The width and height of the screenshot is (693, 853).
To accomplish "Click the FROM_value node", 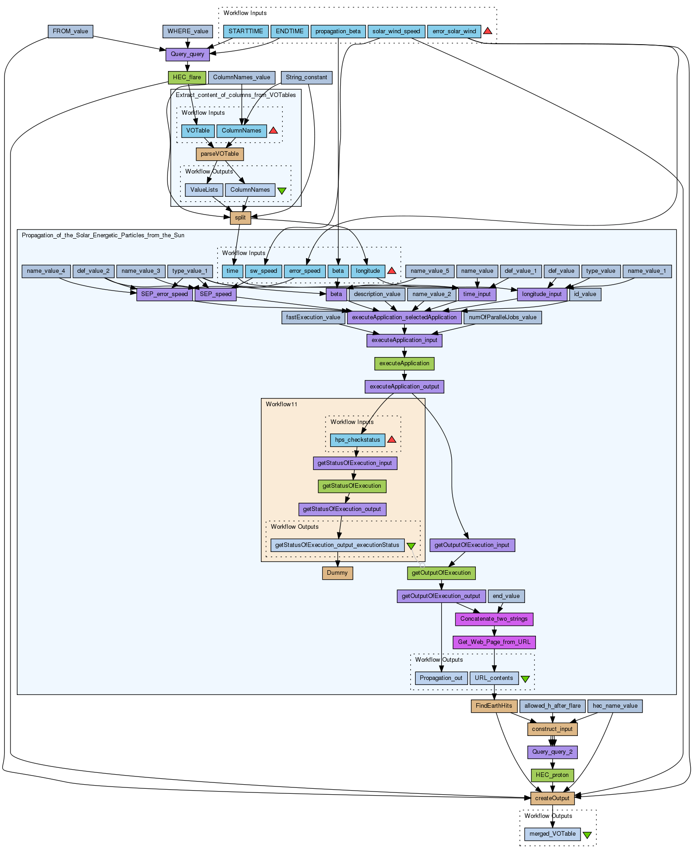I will [70, 31].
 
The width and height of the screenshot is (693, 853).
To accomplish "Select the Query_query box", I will [187, 54].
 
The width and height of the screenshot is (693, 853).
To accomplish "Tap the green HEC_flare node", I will [187, 77].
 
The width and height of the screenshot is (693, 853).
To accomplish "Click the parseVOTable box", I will [219, 154].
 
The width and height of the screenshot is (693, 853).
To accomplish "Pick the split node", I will [240, 218].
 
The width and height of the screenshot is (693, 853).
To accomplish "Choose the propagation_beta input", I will [337, 31].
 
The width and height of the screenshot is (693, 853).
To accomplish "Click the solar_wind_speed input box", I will [396, 31].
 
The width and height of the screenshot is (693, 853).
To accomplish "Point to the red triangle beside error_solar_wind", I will [487, 31].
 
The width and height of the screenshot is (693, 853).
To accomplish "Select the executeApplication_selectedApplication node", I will [404, 317].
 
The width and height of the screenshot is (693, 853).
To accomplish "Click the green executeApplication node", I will [404, 363].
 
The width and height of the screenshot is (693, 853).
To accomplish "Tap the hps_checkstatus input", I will [357, 440].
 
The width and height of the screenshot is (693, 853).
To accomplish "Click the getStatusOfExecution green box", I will [352, 486].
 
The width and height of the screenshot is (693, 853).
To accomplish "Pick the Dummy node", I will [337, 573].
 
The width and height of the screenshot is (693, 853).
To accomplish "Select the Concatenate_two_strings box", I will [494, 619].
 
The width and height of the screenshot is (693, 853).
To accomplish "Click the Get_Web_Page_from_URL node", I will [494, 642].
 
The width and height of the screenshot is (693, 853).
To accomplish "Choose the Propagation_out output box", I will [441, 678].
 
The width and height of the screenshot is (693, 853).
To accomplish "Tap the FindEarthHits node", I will [494, 706].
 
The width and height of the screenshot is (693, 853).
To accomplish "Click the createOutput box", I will [552, 798].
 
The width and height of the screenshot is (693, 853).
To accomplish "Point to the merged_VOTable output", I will [552, 834].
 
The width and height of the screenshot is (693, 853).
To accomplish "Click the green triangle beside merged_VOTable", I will [587, 835].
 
